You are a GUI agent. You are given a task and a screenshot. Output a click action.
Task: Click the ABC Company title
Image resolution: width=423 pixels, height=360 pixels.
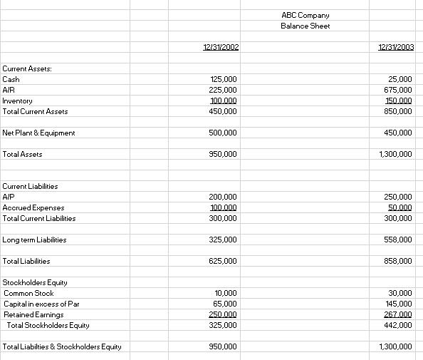click(305, 15)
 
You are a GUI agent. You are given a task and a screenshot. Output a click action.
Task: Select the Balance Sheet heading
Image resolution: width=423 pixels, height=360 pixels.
click(305, 26)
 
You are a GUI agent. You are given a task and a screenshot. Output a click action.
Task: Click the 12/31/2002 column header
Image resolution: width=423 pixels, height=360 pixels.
click(221, 47)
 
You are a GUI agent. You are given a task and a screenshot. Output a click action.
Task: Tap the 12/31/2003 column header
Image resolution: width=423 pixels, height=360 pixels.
click(396, 47)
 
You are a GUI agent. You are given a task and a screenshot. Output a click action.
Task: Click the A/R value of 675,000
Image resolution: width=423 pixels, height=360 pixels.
click(398, 90)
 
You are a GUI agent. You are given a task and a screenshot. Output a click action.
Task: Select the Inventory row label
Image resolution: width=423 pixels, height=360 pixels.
click(18, 101)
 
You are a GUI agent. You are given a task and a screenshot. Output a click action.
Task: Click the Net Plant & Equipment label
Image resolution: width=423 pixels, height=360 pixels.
click(39, 133)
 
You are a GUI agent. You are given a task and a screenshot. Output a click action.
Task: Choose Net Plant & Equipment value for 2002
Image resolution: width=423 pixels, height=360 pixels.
click(224, 133)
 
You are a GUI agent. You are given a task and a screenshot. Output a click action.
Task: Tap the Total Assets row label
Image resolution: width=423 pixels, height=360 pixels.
click(23, 154)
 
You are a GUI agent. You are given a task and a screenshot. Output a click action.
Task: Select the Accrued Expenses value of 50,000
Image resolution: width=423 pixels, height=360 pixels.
click(400, 207)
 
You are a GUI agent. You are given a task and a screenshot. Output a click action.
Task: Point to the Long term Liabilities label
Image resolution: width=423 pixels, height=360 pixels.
click(35, 240)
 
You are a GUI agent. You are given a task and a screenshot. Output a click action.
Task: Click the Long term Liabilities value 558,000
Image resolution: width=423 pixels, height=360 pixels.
click(398, 240)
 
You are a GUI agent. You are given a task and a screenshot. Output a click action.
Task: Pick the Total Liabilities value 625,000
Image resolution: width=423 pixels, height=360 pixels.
click(224, 261)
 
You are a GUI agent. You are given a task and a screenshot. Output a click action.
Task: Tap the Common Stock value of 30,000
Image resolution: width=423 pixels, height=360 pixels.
click(400, 293)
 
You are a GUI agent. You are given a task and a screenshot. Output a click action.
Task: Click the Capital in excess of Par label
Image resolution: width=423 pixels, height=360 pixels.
click(41, 304)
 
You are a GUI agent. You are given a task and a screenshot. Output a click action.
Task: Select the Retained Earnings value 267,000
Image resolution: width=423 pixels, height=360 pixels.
click(398, 314)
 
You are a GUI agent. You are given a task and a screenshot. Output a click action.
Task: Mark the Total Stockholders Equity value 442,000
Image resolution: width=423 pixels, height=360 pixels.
click(398, 325)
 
